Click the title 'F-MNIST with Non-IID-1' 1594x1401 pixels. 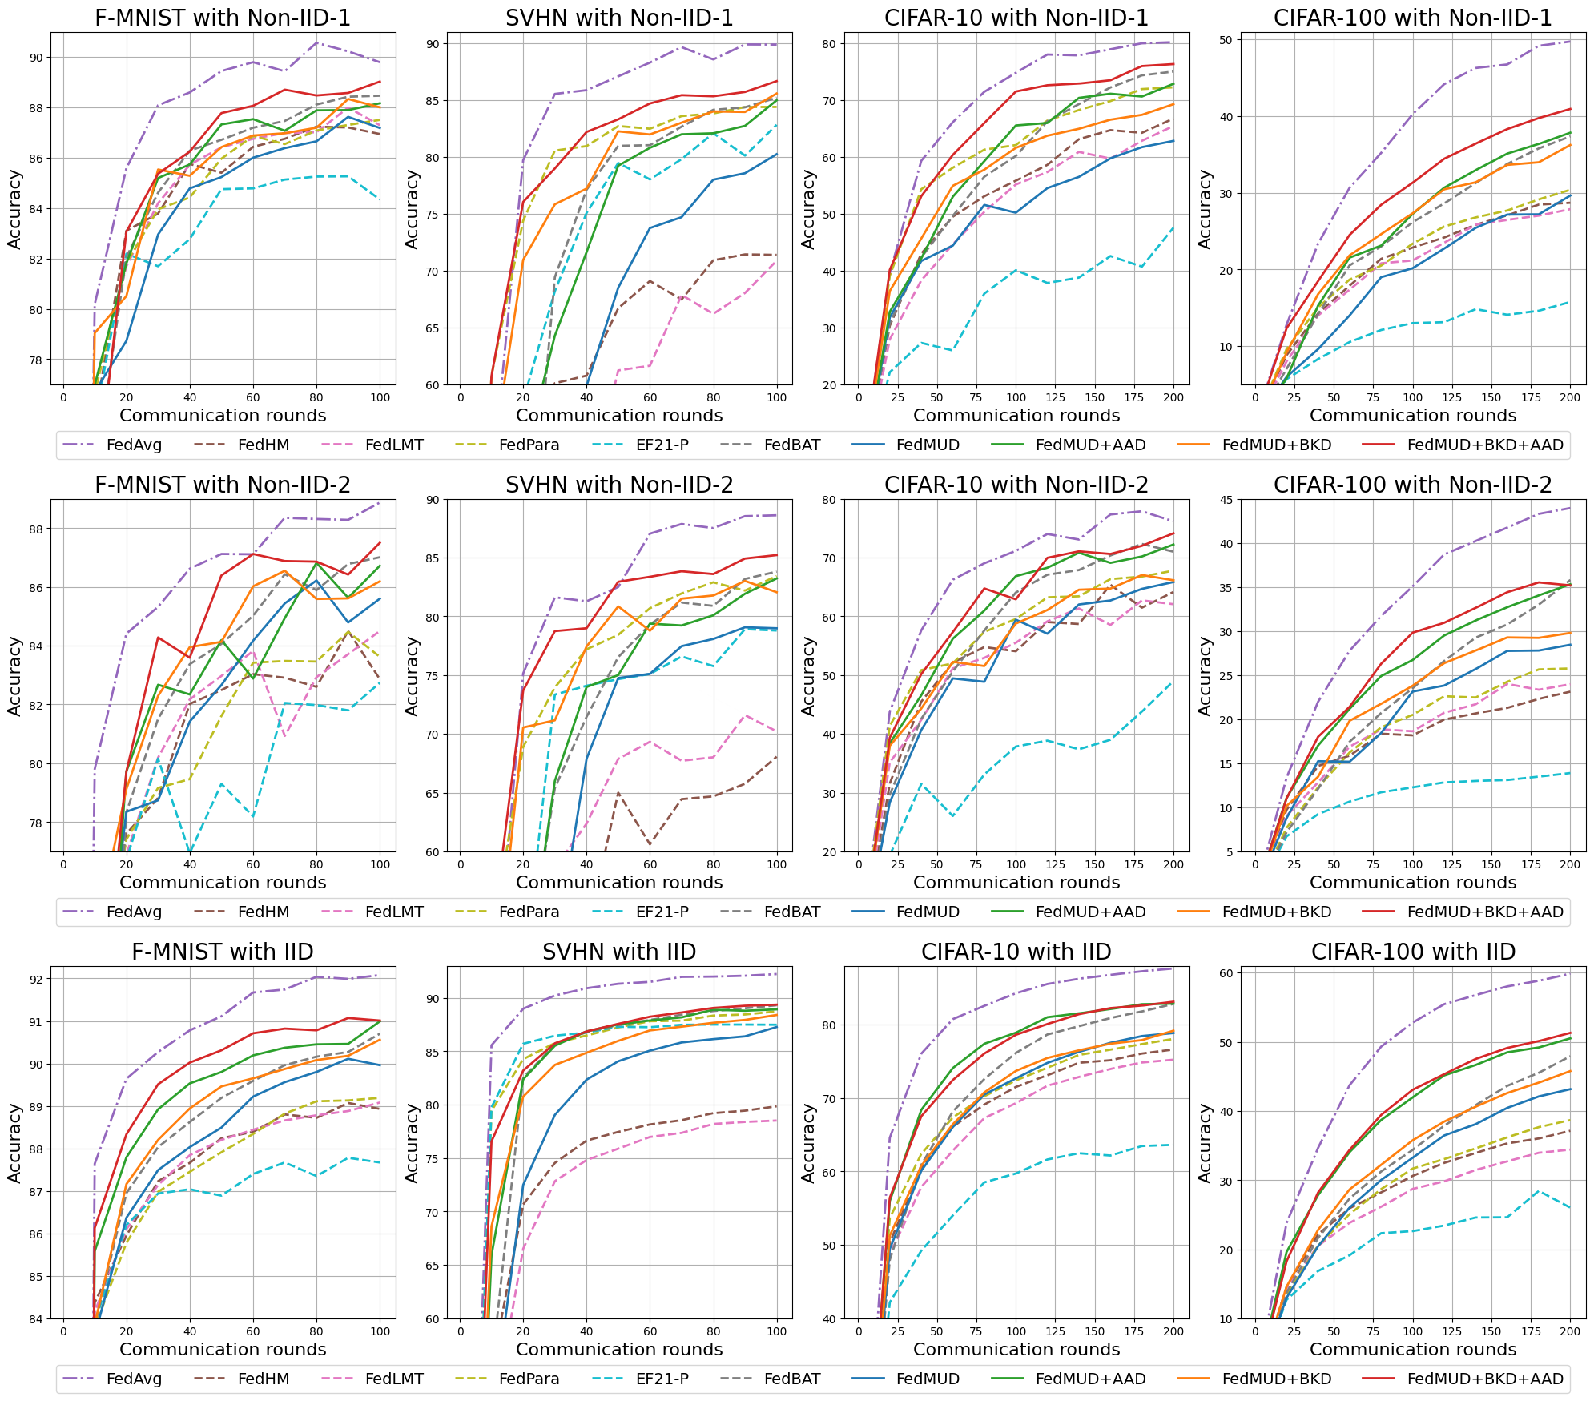click(x=222, y=18)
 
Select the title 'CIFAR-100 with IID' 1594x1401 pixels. click(x=1413, y=952)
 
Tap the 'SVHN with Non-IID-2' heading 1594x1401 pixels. click(x=619, y=485)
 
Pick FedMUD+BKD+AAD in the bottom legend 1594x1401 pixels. click(x=1485, y=1379)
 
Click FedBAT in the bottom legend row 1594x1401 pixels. click(x=792, y=1379)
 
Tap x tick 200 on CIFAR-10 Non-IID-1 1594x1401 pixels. click(x=1173, y=397)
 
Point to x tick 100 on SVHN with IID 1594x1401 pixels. click(x=776, y=1331)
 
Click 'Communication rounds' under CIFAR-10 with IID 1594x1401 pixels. click(x=1016, y=1350)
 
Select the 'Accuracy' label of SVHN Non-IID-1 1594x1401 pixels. click(x=412, y=208)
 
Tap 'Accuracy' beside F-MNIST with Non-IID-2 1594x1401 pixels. click(x=14, y=675)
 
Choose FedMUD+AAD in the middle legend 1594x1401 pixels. click(x=1090, y=912)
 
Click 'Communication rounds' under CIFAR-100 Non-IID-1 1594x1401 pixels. click(x=1413, y=415)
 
